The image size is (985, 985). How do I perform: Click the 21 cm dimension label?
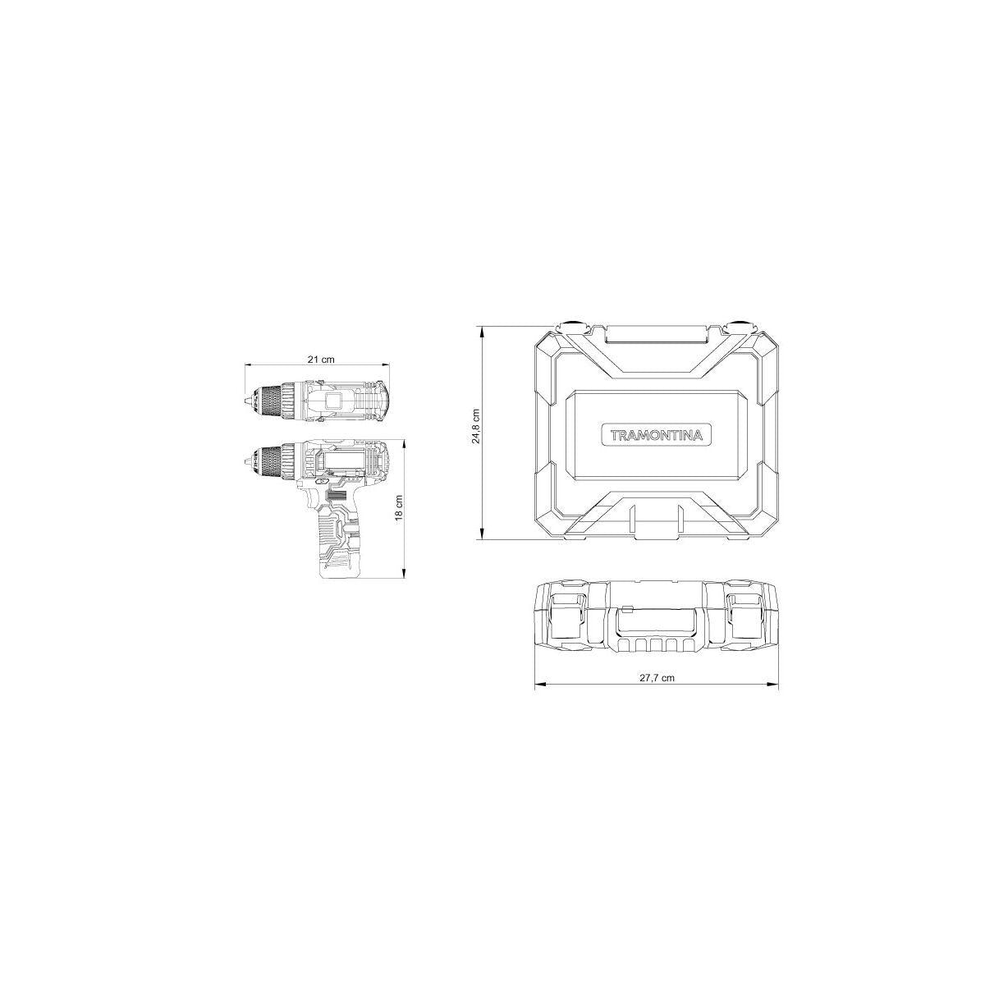point(320,359)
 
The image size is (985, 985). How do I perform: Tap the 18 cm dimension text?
point(399,507)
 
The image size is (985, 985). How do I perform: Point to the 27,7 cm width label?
point(657,678)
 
